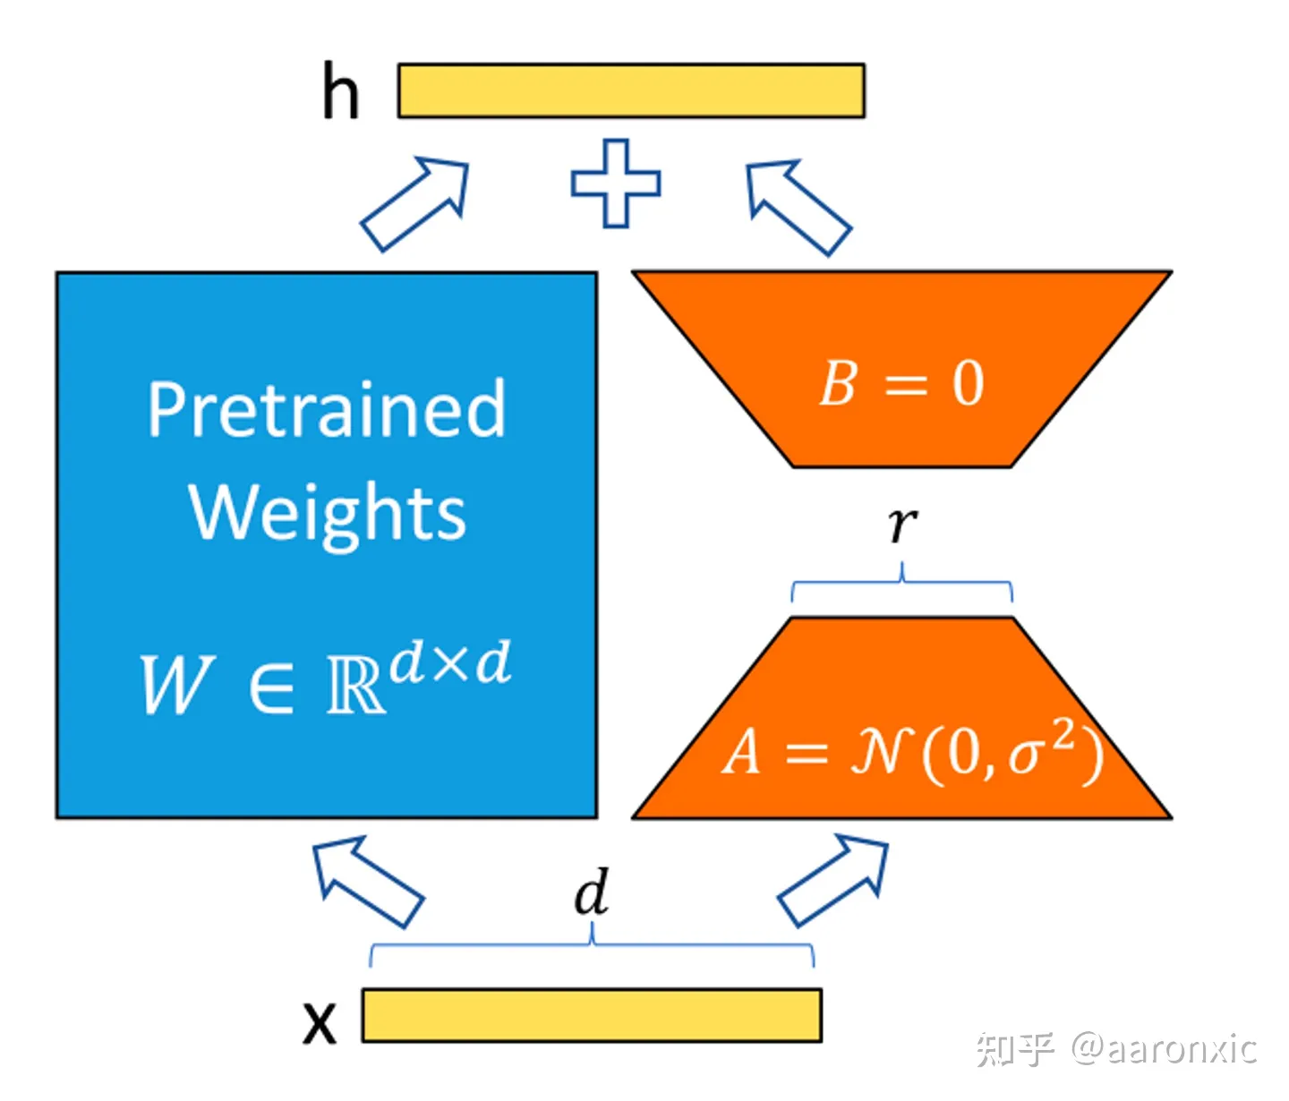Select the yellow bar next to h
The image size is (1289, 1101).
[x=630, y=90]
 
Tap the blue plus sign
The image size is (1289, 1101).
[x=616, y=183]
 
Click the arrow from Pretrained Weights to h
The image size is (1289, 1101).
[x=414, y=204]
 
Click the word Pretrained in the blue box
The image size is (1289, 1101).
[x=326, y=410]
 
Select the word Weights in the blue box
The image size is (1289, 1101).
[x=327, y=514]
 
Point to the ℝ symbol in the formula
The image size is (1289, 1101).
[x=355, y=684]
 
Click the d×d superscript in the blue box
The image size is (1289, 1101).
[x=450, y=661]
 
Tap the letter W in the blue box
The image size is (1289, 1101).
[x=177, y=684]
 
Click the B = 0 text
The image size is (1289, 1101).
[x=901, y=383]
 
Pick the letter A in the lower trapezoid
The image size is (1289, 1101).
[x=741, y=752]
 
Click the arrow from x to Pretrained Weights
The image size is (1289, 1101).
[x=368, y=882]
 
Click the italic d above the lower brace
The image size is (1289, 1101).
[x=591, y=892]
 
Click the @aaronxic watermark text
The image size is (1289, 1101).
[x=1164, y=1048]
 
